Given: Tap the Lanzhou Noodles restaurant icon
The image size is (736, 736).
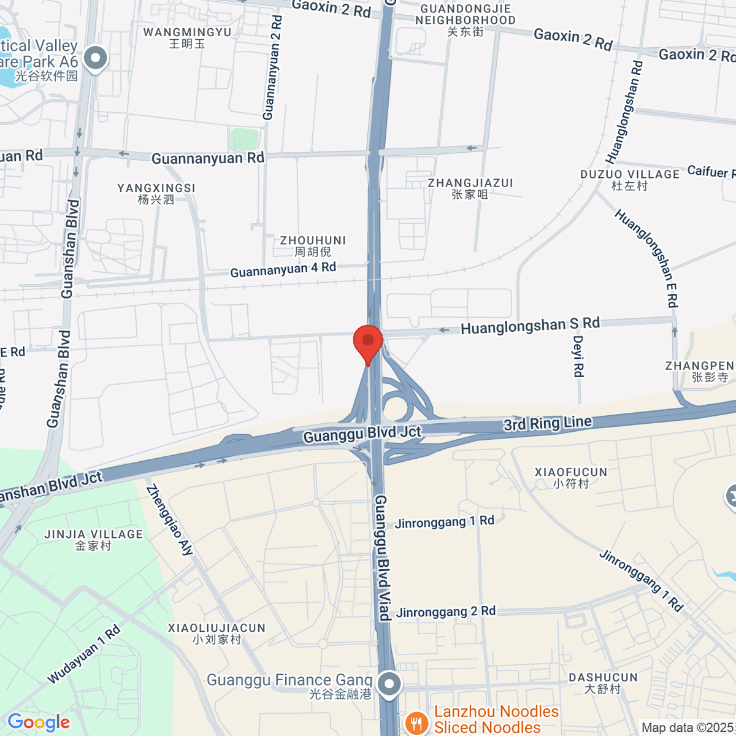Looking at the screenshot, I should pos(416,721).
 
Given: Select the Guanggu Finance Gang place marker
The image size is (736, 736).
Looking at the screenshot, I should pos(389,684).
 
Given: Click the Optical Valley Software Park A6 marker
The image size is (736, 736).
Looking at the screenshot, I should pos(95,59).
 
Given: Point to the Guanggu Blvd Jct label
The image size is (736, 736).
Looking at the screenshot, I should pos(362,434).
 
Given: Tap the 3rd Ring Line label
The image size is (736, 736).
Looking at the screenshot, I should pos(547,423).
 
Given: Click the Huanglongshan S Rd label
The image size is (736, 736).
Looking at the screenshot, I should pos(530,326).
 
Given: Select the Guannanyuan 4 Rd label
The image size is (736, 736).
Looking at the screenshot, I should pos(283,269).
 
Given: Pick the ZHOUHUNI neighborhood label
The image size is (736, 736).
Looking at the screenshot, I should pos(313,246).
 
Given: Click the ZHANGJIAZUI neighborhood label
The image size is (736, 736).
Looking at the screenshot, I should pos(470,188).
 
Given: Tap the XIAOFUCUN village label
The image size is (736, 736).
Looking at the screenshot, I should pos(570,477).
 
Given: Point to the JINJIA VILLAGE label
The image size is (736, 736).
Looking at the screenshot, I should pos(93,540).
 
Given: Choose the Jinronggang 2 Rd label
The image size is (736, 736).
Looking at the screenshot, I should pos(446,611).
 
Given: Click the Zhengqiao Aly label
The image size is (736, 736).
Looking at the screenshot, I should pos(169,520).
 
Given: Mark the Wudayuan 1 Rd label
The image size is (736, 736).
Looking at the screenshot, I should pos(84,654).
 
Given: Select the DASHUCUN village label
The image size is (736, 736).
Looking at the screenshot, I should pos(603,683).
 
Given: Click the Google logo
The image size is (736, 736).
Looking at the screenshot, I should pos(39,723).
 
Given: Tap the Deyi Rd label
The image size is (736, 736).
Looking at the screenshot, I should pos(578,356).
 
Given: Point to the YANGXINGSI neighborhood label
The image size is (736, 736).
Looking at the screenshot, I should pos(156,193).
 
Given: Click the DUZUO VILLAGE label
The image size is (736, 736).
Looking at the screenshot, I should pos(630,180).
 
